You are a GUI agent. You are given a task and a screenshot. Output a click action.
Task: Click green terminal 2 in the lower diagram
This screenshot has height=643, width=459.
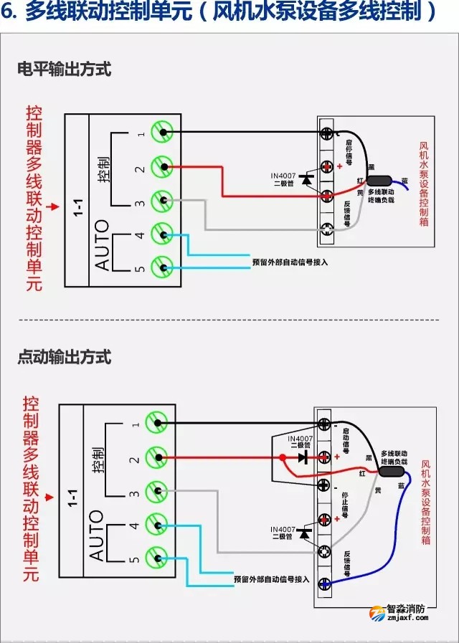tap(156, 457)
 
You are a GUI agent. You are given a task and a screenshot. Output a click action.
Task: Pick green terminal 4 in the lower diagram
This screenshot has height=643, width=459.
tap(156, 524)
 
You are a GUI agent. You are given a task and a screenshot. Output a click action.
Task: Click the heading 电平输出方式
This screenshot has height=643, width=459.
tap(65, 70)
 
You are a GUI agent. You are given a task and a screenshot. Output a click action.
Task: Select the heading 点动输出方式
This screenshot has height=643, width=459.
tap(65, 357)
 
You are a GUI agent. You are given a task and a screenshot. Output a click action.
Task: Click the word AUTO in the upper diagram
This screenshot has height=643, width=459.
tap(103, 244)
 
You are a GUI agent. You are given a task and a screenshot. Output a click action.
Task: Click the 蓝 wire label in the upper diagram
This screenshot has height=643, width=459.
tap(404, 181)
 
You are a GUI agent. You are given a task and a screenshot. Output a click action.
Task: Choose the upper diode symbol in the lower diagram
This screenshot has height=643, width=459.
tap(302, 457)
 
